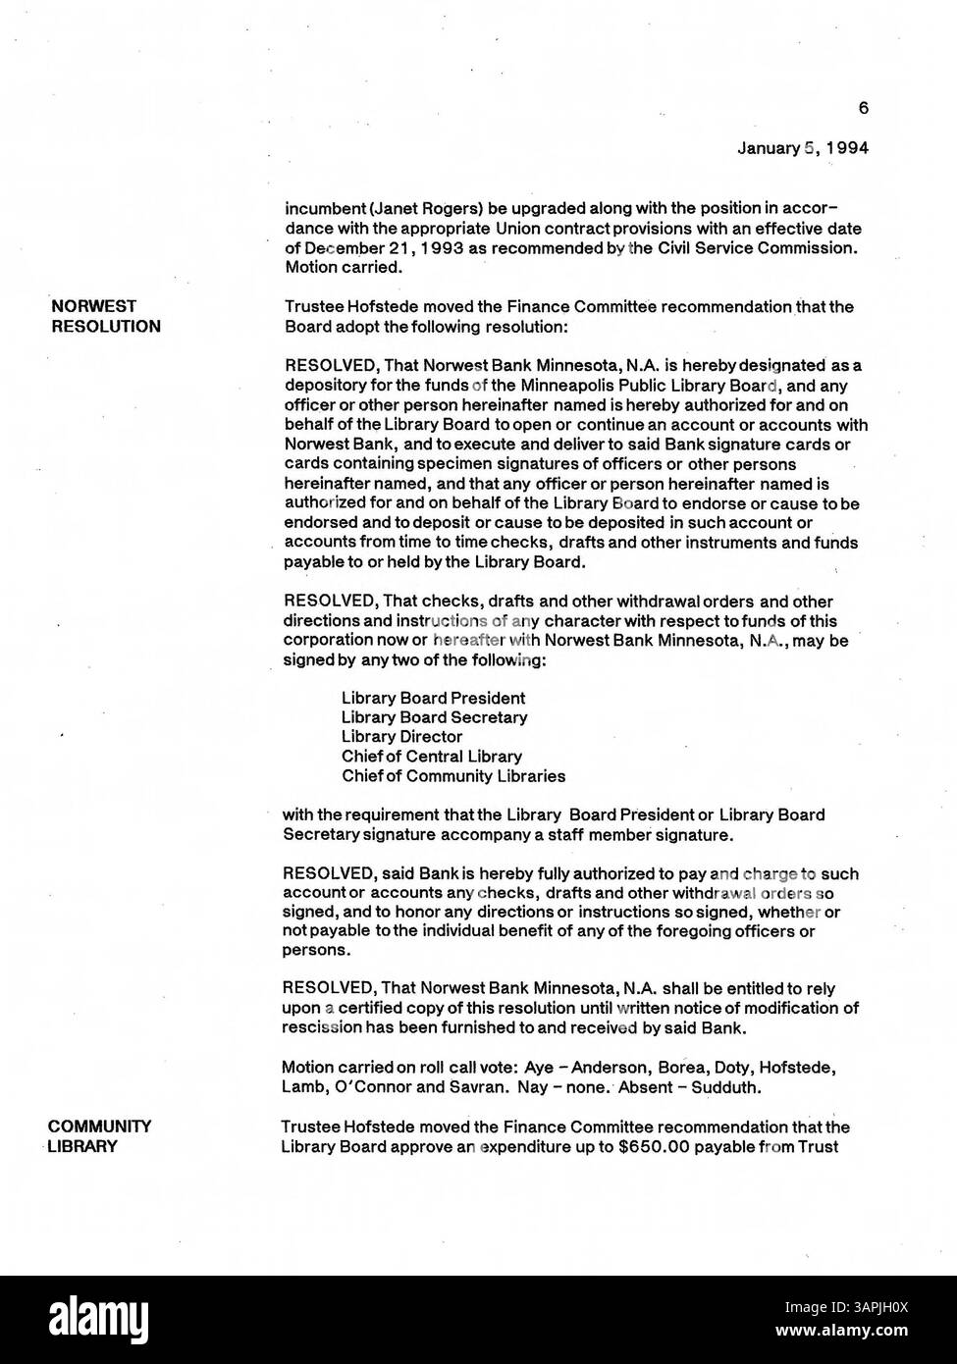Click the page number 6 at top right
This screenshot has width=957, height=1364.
click(863, 108)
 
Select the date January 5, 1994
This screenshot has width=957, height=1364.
click(803, 148)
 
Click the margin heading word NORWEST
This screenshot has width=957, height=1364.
click(94, 306)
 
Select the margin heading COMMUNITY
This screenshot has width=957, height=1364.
click(100, 1127)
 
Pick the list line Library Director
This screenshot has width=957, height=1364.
click(401, 737)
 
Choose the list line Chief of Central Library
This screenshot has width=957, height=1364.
click(431, 757)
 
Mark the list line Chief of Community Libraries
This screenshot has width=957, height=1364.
click(452, 776)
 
